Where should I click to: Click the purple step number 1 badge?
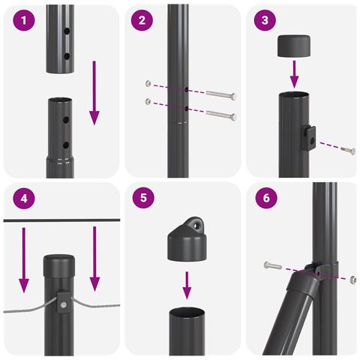[x=24, y=20]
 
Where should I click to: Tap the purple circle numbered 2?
[x=142, y=20]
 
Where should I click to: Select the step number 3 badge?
[x=265, y=20]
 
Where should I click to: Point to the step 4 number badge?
[x=24, y=198]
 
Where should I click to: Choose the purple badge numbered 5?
[x=143, y=198]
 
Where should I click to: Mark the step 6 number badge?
[x=266, y=198]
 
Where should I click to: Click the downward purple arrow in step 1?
[x=94, y=93]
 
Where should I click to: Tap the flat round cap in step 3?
[x=294, y=46]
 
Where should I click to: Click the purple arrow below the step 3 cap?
[x=295, y=74]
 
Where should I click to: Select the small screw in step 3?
[x=348, y=150]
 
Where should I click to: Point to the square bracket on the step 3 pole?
[x=308, y=138]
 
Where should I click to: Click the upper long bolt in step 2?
[x=221, y=94]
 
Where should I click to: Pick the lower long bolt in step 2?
[x=221, y=115]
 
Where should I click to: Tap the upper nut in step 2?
[x=148, y=83]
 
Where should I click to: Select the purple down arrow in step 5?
[x=187, y=286]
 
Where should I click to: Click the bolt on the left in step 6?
[x=273, y=265]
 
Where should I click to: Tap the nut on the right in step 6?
[x=353, y=280]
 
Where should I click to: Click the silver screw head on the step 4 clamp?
[x=64, y=304]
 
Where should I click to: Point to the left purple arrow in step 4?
[x=24, y=260]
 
